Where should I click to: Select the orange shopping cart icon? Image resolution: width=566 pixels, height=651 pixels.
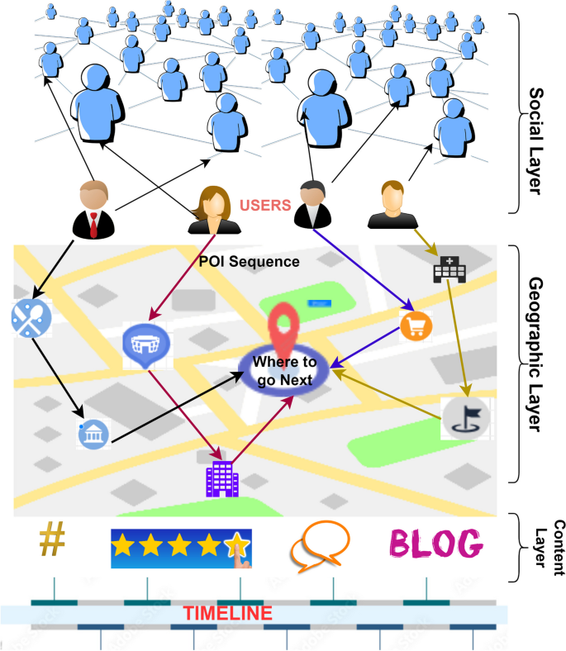[416, 325]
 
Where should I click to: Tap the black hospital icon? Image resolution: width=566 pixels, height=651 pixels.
[447, 268]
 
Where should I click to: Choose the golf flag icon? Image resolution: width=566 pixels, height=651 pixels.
[459, 416]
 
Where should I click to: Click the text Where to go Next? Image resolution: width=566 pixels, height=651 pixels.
[283, 370]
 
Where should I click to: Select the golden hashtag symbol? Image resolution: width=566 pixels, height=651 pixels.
[52, 541]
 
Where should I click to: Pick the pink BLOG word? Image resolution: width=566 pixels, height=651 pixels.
[435, 544]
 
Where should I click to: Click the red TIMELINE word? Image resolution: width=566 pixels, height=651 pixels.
[227, 613]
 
